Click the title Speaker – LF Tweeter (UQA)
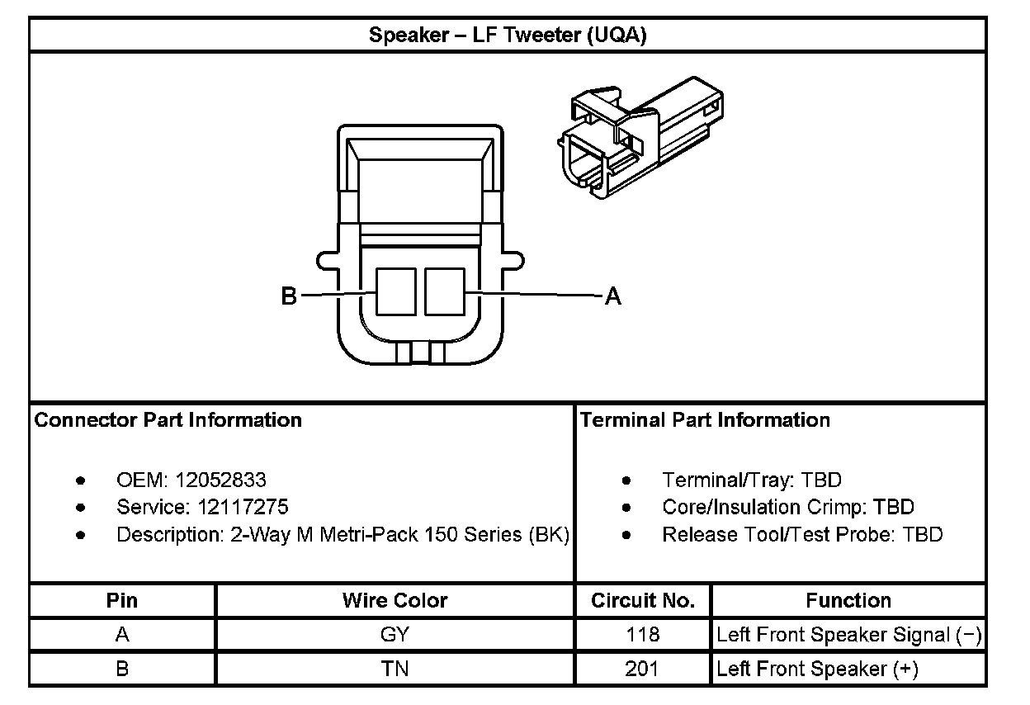pyautogui.click(x=507, y=35)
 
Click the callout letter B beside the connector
pyautogui.click(x=289, y=296)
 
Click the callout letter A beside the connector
pyautogui.click(x=613, y=296)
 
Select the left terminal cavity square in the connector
pyautogui.click(x=396, y=291)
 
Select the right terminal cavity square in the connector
pyautogui.click(x=445, y=291)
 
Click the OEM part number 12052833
pyautogui.click(x=220, y=480)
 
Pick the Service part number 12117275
pyautogui.click(x=243, y=507)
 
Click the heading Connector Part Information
pyautogui.click(x=168, y=420)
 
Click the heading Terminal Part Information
pyautogui.click(x=705, y=420)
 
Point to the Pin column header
pyautogui.click(x=122, y=600)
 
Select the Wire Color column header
pyautogui.click(x=395, y=600)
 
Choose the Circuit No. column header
pyautogui.click(x=643, y=600)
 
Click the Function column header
pyautogui.click(x=848, y=600)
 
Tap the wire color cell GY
pyautogui.click(x=395, y=634)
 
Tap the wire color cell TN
pyautogui.click(x=395, y=668)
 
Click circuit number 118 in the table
pyautogui.click(x=643, y=634)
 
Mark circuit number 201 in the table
pyautogui.click(x=643, y=668)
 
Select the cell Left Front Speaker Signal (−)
pyautogui.click(x=848, y=635)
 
